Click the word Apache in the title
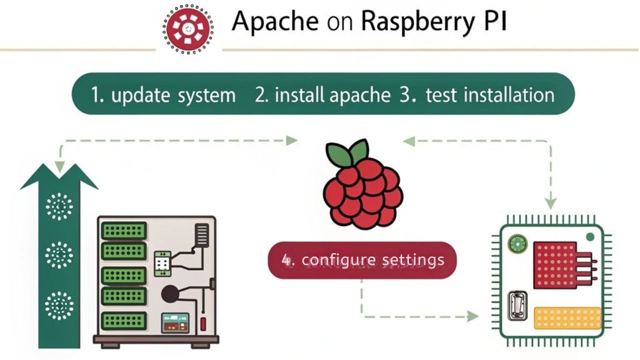click(x=275, y=21)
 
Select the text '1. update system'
click(x=163, y=94)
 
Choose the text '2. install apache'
click(x=322, y=94)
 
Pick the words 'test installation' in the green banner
click(x=489, y=94)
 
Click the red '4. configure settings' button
click(x=362, y=260)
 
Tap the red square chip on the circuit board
click(x=555, y=265)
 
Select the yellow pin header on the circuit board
click(x=567, y=318)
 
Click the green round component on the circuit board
click(x=517, y=244)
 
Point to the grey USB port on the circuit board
click(x=516, y=306)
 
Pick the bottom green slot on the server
click(x=123, y=320)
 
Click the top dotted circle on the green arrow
click(x=59, y=206)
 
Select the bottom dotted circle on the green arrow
click(x=59, y=305)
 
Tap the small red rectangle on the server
click(x=203, y=323)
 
